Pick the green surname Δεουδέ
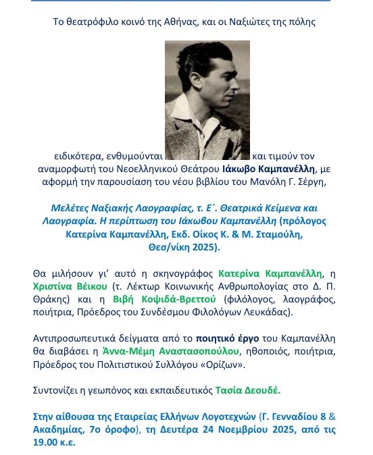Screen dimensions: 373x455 pyautogui.click(x=259, y=390)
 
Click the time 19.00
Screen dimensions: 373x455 pyautogui.click(x=47, y=443)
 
